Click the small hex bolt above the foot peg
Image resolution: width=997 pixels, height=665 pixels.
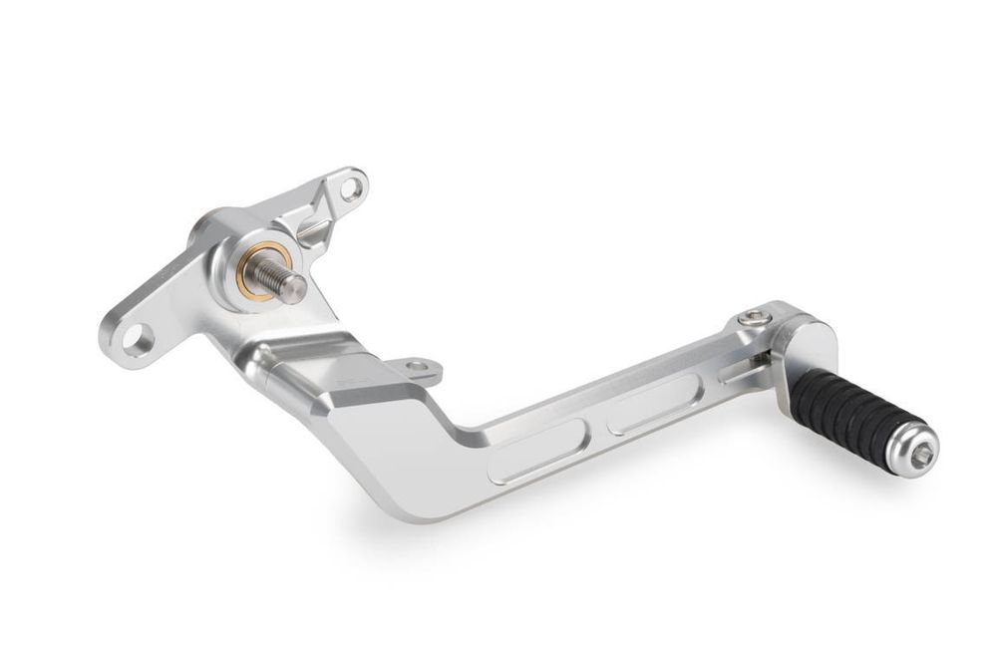(x=755, y=317)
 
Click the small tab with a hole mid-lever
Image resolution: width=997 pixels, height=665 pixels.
(x=418, y=367)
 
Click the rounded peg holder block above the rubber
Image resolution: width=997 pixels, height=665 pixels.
(x=806, y=343)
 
